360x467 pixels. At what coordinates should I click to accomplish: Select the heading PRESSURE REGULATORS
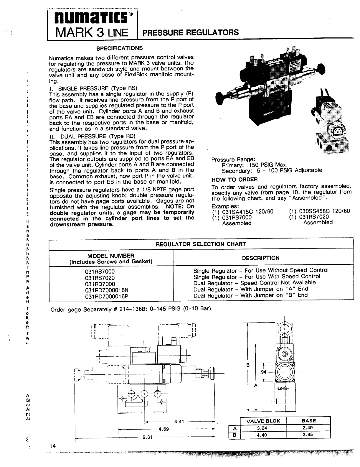(190, 32)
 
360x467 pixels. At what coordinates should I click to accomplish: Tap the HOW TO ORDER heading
(235, 180)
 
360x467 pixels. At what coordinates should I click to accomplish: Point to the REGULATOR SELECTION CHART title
(201, 244)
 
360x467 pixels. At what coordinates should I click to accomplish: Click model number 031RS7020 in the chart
(100, 278)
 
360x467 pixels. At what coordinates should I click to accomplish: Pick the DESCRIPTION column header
(261, 258)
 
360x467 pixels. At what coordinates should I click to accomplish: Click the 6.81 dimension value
(147, 437)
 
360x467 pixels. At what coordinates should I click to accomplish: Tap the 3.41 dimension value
(179, 422)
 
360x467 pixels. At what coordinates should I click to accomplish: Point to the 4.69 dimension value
(164, 429)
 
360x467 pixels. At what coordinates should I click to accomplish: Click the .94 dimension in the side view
(263, 372)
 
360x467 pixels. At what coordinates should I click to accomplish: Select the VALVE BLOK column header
(263, 421)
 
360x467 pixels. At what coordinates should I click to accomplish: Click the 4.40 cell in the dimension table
(262, 435)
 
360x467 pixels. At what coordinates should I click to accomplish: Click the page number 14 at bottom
(52, 446)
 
